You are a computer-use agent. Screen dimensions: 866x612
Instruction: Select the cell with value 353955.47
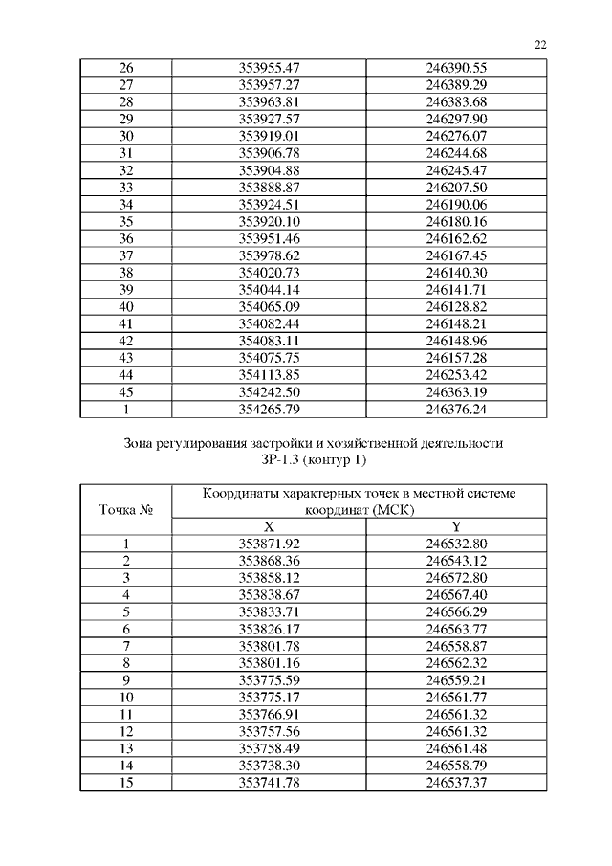pyautogui.click(x=269, y=67)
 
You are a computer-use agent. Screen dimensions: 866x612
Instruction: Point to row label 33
pyautogui.click(x=125, y=187)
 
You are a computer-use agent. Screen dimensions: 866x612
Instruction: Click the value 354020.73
pyautogui.click(x=269, y=273)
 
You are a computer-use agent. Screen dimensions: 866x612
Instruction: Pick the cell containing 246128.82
pyautogui.click(x=457, y=307)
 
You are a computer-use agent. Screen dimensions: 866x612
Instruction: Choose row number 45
pyautogui.click(x=125, y=392)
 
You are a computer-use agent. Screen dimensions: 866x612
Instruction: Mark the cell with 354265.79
pyautogui.click(x=269, y=410)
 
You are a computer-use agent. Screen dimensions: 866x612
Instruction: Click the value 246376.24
pyautogui.click(x=457, y=410)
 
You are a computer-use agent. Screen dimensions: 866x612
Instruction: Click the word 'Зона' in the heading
pyautogui.click(x=142, y=444)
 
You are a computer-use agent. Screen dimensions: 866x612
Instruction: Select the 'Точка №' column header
pyautogui.click(x=125, y=510)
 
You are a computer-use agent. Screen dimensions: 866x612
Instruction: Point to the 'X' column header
pyautogui.click(x=269, y=527)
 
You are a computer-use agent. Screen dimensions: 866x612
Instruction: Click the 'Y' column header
pyautogui.click(x=456, y=527)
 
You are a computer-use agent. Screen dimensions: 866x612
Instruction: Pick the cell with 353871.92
pyautogui.click(x=269, y=544)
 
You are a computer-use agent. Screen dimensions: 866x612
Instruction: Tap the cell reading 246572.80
pyautogui.click(x=457, y=578)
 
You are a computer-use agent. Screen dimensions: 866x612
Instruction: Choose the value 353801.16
pyautogui.click(x=269, y=664)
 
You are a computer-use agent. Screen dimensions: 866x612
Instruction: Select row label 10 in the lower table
pyautogui.click(x=125, y=698)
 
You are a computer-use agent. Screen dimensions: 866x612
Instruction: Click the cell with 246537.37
pyautogui.click(x=457, y=784)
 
